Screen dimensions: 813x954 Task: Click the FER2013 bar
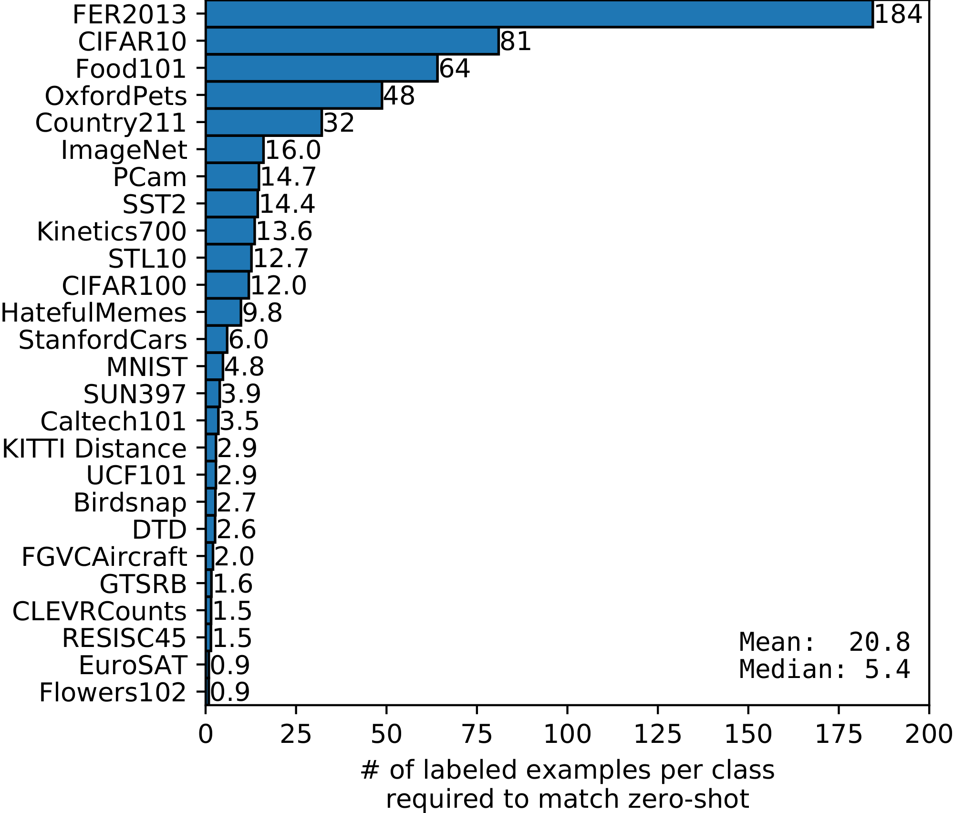[x=539, y=14]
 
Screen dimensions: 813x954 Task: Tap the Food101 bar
[x=321, y=68]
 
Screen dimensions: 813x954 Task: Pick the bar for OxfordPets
[x=294, y=95]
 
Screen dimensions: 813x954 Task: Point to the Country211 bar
[x=264, y=123]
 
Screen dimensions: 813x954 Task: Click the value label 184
[x=898, y=14]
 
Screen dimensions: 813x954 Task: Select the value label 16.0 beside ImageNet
[x=293, y=150]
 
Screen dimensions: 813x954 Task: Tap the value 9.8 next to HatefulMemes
[x=262, y=313]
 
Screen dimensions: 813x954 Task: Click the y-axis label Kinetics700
[x=112, y=232]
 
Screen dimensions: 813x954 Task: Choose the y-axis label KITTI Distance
[x=94, y=449]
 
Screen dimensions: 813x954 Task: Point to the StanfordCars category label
[x=103, y=340]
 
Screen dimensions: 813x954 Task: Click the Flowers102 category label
[x=113, y=693]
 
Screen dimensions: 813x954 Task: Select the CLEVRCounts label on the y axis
[x=99, y=611]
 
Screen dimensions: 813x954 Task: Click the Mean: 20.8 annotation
[x=825, y=642]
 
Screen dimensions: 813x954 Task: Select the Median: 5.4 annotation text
[x=825, y=669]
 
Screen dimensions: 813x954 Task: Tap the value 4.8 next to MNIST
[x=244, y=367]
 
